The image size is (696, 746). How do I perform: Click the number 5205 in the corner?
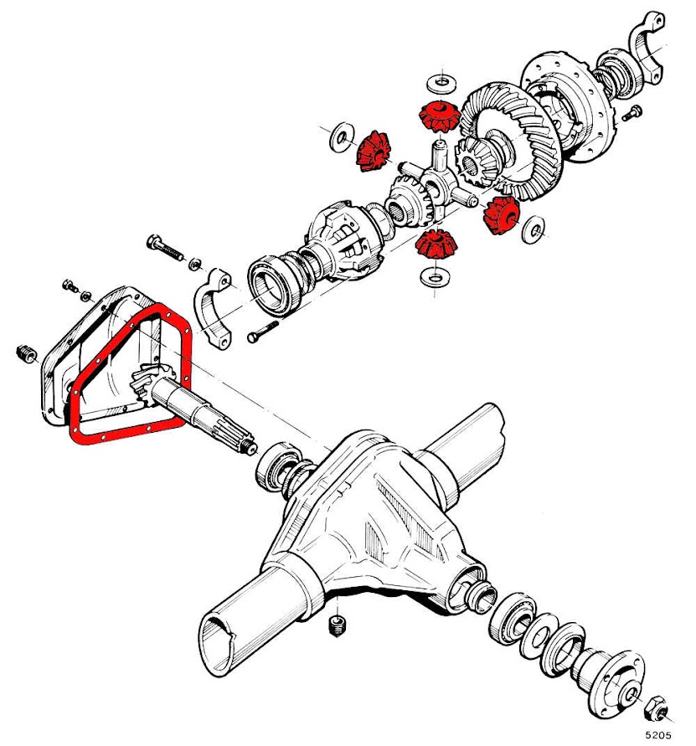pos(659,734)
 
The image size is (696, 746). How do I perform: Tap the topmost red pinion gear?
pos(436,115)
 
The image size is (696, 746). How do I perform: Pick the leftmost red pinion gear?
pos(373,151)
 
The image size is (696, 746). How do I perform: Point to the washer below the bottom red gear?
pos(434,275)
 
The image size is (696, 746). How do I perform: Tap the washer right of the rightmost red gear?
pos(533,229)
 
